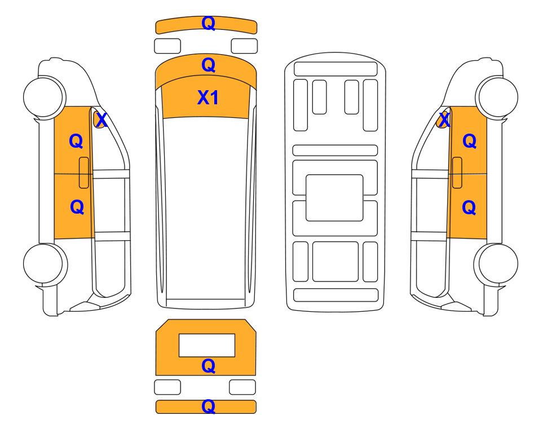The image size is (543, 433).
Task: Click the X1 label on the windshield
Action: click(208, 98)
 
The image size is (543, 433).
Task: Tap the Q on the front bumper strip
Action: click(209, 23)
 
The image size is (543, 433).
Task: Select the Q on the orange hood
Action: click(209, 65)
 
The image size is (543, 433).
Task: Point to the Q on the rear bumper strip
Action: click(209, 407)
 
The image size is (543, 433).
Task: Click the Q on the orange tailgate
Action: click(209, 366)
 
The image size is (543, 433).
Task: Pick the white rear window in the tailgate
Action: click(207, 346)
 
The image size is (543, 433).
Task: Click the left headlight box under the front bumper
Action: click(167, 46)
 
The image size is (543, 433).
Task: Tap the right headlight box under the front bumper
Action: click(244, 46)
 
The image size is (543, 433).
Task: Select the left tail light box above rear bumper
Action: click(167, 387)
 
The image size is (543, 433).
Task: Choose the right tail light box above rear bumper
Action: click(242, 387)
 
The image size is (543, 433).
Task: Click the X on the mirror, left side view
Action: click(101, 120)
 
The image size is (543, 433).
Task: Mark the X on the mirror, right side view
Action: click(444, 120)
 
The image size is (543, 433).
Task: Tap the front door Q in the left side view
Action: click(76, 141)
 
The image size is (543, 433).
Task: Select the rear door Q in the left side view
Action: click(77, 207)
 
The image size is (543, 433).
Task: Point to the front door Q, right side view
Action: click(470, 141)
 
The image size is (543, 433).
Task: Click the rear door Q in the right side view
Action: click(469, 207)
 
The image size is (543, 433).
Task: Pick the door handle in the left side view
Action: click(84, 173)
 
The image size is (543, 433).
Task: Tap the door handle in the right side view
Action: click(457, 173)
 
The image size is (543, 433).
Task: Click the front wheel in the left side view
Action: click(45, 96)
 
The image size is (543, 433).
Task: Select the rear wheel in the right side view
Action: click(496, 264)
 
